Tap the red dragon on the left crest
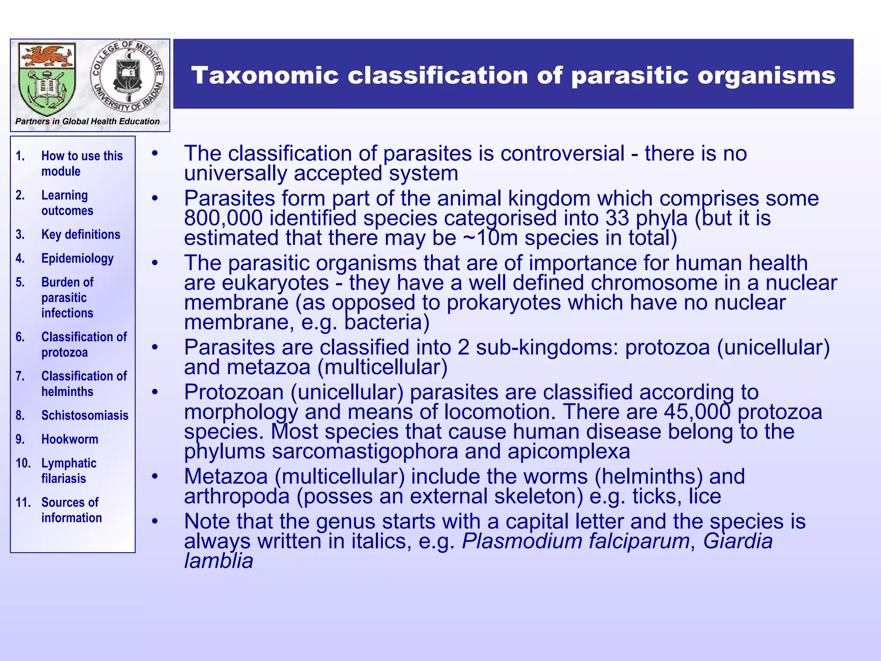click(x=46, y=56)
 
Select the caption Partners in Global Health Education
click(x=87, y=121)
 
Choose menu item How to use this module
click(x=82, y=164)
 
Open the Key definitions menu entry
click(x=80, y=235)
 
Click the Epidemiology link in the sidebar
click(x=77, y=258)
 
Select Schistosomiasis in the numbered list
click(x=85, y=415)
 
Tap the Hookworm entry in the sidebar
click(x=70, y=439)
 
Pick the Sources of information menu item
click(x=71, y=510)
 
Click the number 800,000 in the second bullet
click(x=223, y=218)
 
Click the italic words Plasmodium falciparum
click(x=576, y=541)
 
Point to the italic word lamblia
click(x=219, y=561)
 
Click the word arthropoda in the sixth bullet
click(x=237, y=496)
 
